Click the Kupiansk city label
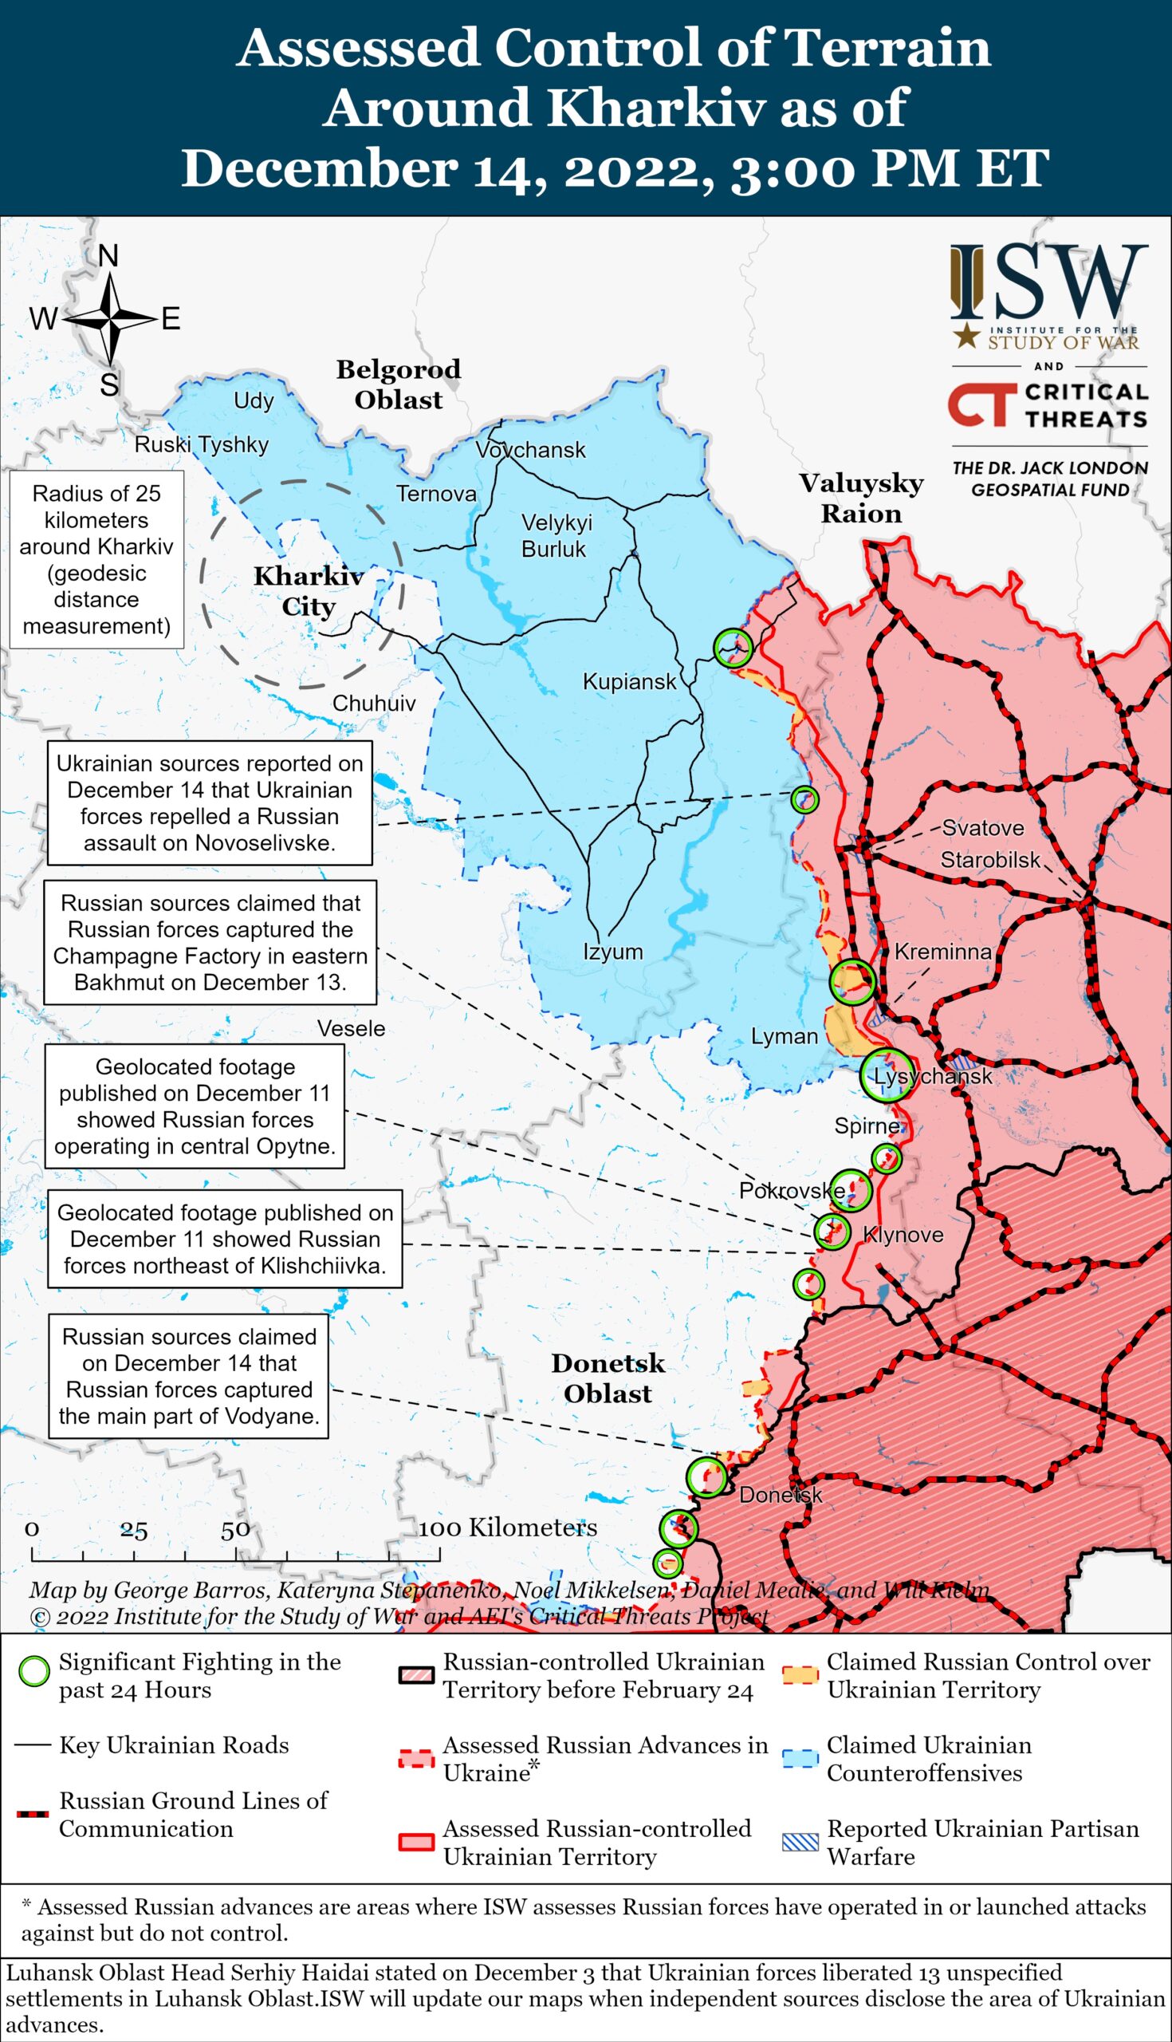630,682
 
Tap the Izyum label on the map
612,951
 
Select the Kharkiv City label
309,591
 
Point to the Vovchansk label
530,449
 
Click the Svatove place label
983,828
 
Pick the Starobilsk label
990,860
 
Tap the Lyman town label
784,1036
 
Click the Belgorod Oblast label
399,384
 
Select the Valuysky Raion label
860,498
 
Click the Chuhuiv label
374,703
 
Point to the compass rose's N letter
108,256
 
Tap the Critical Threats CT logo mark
977,404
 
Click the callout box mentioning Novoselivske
209,802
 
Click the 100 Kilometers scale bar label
507,1528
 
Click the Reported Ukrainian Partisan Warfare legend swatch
800,1843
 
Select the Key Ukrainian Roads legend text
174,1745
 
